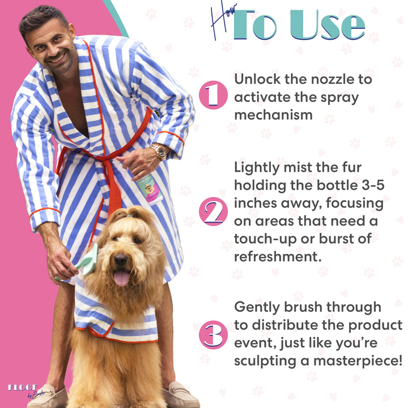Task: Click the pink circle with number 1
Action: [213, 95]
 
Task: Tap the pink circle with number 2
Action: [213, 211]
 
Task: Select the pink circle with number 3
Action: [213, 335]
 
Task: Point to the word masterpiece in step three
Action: [358, 360]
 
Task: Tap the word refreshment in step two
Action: [278, 257]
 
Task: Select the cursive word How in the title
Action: [223, 21]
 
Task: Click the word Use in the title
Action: [328, 25]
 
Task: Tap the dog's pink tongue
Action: [121, 278]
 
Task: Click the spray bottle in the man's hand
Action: [149, 188]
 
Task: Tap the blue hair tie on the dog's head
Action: [129, 216]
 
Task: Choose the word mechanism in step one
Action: [274, 114]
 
